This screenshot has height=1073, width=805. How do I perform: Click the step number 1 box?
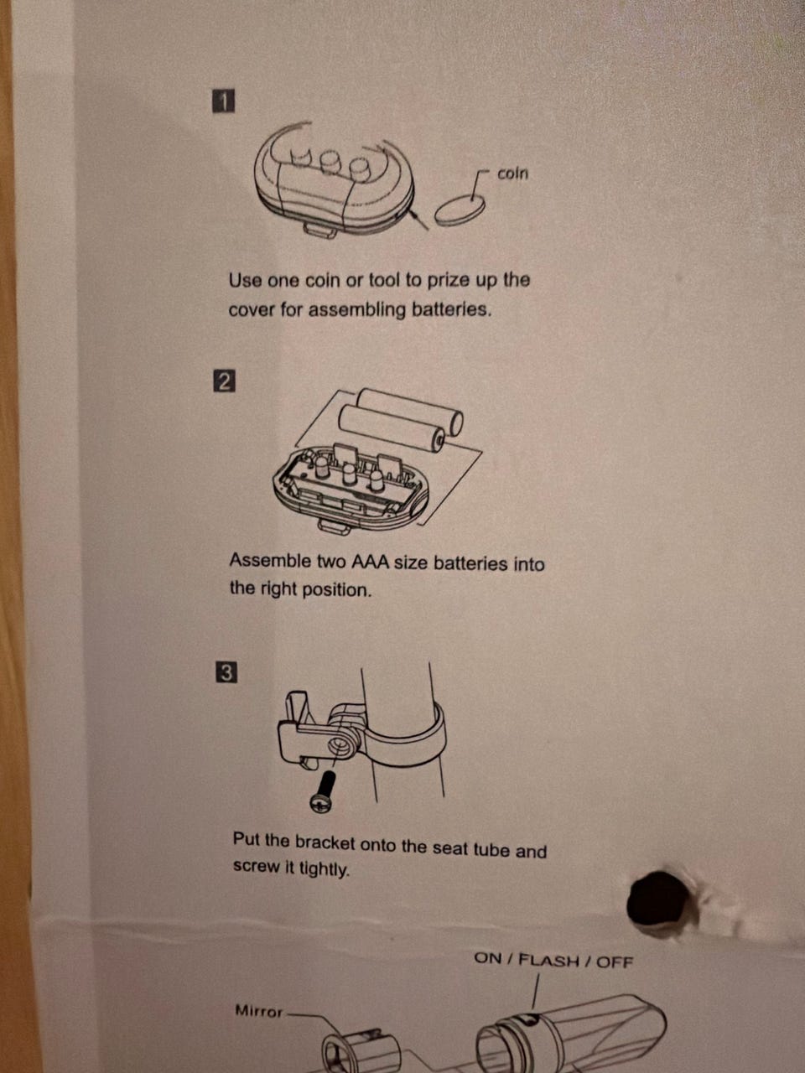coord(223,101)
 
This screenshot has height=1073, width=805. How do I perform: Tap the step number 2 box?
coord(225,381)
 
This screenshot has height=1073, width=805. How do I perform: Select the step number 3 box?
coord(226,672)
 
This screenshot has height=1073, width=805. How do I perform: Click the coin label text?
coord(512,174)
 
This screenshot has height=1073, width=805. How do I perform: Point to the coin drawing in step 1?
coord(460,210)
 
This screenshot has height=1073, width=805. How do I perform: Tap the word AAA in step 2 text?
coord(370,562)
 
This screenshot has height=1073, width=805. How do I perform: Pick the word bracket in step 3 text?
coord(326,842)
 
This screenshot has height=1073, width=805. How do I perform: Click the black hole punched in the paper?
coord(658,898)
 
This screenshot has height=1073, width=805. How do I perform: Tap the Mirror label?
coord(259,1010)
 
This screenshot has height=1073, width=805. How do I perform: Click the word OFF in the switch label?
coord(615,962)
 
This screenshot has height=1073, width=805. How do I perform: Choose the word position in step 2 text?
coord(337,590)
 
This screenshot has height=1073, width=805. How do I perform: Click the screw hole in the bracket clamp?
coord(337,746)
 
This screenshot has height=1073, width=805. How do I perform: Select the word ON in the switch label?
coord(487,958)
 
